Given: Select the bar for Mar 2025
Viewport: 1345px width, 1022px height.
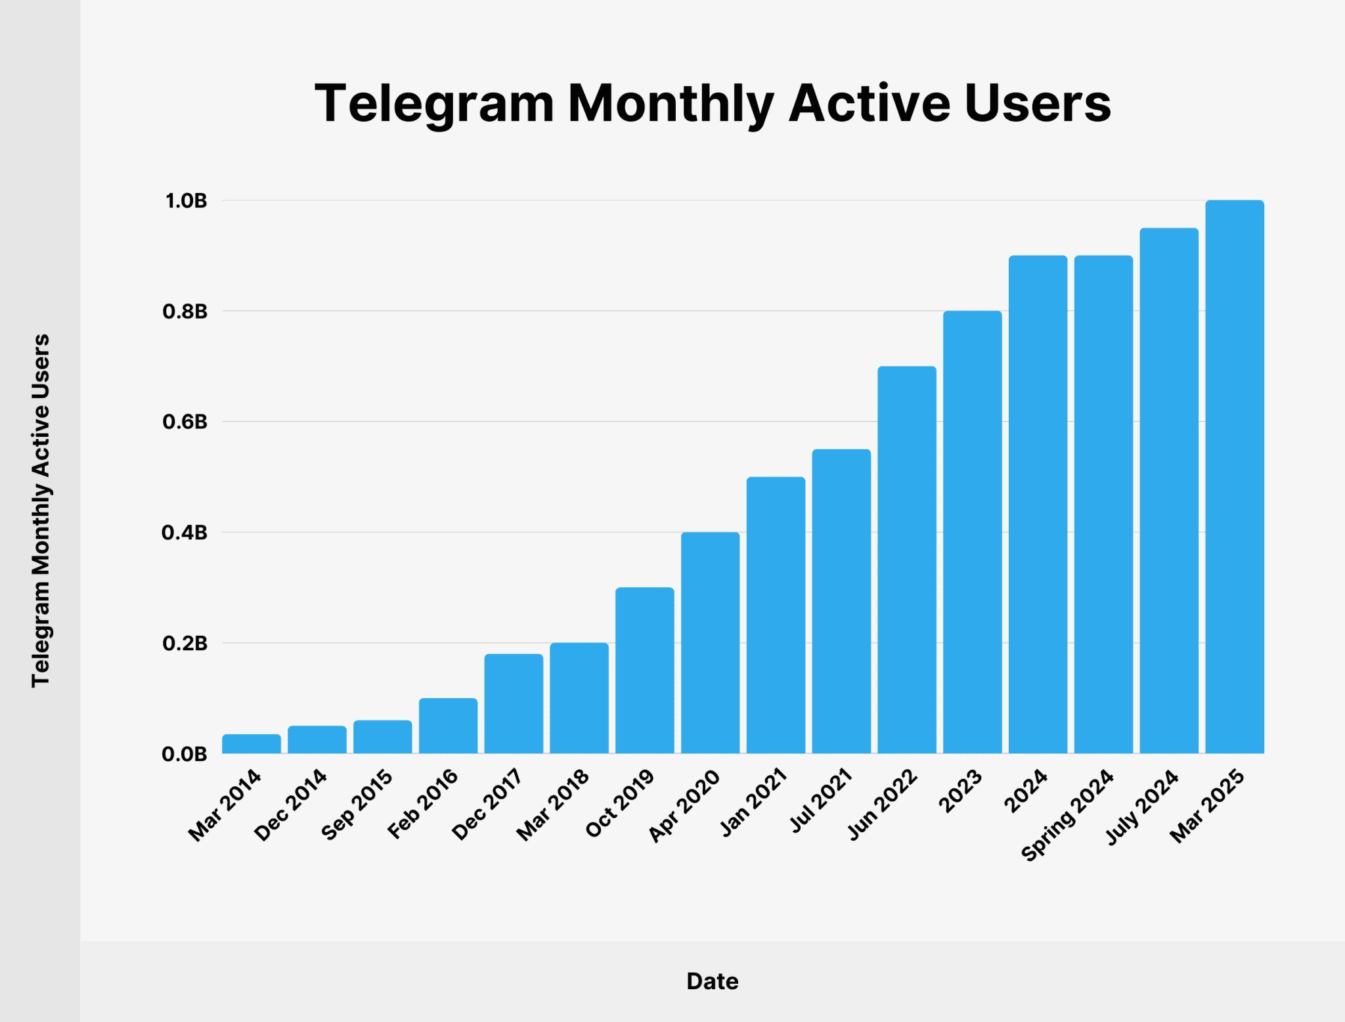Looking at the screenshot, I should click(x=1234, y=477).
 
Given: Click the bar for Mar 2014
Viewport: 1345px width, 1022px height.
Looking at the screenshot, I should click(x=252, y=744).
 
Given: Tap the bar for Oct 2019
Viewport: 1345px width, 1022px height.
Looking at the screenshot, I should click(x=644, y=671).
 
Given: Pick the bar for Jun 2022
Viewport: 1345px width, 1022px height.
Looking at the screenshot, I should click(x=906, y=560).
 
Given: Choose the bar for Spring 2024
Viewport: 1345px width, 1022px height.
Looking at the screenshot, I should click(x=1103, y=504).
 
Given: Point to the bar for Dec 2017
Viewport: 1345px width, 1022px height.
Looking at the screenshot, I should click(x=514, y=703).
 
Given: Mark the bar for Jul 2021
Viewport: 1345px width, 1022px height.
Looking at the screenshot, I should click(x=841, y=601).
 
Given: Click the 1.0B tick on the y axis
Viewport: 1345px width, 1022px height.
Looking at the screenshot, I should click(x=186, y=201).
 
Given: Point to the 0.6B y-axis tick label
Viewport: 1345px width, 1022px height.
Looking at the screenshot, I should click(x=185, y=422).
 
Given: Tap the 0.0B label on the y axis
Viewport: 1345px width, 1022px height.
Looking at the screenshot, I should click(x=185, y=754).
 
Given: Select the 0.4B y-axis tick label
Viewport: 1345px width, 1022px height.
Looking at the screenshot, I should click(x=185, y=533).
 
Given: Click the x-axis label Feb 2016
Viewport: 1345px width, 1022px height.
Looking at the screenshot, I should click(x=423, y=804).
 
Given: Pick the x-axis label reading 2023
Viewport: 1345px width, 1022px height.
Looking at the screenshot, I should click(x=960, y=791).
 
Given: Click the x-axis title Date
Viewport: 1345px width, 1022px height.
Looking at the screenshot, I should click(x=712, y=981).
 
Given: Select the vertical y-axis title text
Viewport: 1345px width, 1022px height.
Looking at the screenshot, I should click(x=41, y=510).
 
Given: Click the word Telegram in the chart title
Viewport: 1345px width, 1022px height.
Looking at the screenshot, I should click(x=434, y=103).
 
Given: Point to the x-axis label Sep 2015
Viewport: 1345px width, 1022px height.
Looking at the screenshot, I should click(x=357, y=805).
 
